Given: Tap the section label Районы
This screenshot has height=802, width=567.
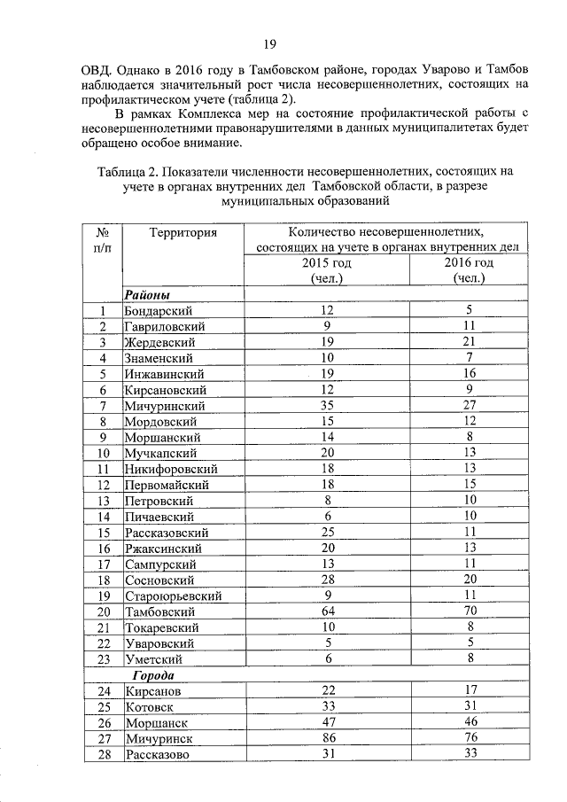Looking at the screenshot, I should tap(147, 294).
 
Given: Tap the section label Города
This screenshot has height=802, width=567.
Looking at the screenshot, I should tap(147, 675).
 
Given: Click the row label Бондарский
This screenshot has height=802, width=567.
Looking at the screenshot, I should tap(159, 310).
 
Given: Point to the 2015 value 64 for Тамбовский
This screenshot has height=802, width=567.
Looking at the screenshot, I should tap(327, 611).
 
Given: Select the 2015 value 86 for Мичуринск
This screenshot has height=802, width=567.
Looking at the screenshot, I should tap(327, 738).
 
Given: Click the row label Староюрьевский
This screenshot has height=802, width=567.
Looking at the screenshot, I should tap(173, 596).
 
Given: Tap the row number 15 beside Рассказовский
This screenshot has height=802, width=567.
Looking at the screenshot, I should tap(104, 533).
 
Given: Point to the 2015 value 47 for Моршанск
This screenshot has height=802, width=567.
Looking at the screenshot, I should tap(327, 722).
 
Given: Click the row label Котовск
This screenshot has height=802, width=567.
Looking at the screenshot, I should tap(150, 707).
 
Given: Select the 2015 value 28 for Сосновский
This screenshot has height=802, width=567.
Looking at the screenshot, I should tap(327, 580).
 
